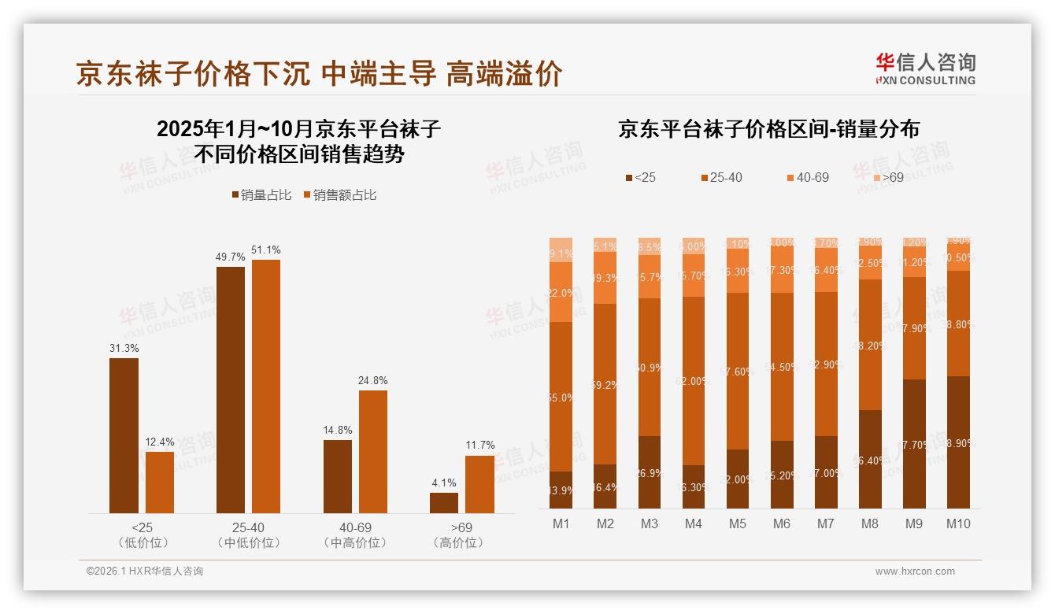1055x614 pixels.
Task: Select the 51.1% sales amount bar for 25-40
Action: point(265,386)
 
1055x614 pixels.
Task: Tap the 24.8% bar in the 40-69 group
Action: point(373,452)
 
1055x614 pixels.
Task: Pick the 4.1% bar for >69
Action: point(444,503)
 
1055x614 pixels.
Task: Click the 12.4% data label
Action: point(160,442)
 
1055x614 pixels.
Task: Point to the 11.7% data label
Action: point(479,446)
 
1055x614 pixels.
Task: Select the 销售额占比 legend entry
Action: point(339,195)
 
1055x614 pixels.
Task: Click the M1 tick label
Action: point(561,523)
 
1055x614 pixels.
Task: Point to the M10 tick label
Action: point(958,523)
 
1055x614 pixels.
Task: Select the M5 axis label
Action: point(737,523)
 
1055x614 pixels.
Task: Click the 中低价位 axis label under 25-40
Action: point(248,542)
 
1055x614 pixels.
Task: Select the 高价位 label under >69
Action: point(458,542)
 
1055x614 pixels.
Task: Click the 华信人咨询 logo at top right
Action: point(925,68)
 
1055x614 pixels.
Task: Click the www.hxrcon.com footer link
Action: point(915,571)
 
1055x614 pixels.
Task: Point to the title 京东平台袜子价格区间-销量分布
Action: point(768,129)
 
